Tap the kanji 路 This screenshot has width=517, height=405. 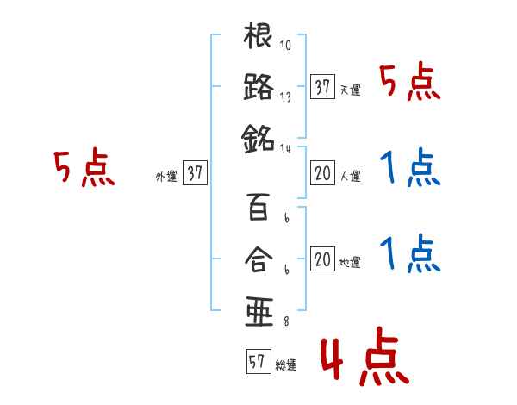tap(258, 87)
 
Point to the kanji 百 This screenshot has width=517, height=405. tap(258, 208)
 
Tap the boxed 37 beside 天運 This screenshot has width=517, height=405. tap(323, 87)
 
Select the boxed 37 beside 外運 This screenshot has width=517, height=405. tap(195, 174)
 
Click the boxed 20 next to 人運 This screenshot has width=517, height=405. tap(323, 174)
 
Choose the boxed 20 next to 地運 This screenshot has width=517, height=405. tap(323, 259)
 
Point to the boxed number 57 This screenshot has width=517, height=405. tap(257, 362)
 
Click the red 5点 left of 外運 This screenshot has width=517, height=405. tap(84, 168)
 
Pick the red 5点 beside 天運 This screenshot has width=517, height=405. tap(410, 83)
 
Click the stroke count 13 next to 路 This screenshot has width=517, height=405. tap(285, 97)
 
